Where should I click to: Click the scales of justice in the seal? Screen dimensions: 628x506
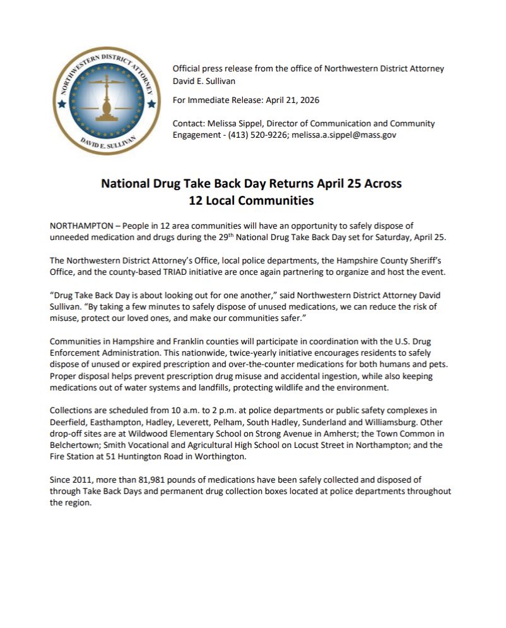click(x=102, y=97)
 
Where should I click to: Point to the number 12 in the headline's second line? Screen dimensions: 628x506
click(x=197, y=201)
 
